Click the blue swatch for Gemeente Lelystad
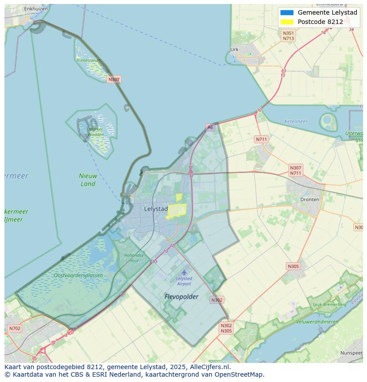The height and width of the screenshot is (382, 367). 287,12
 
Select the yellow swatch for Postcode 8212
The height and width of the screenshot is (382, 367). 287,22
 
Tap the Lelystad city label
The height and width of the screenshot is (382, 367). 156,209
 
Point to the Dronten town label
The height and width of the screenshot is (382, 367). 309,200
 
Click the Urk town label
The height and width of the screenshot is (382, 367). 234,50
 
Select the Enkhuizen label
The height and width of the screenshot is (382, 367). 36,8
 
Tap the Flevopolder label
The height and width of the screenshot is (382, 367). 181,296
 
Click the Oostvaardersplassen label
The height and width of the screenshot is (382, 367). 78,276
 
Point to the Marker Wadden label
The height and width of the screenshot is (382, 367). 96,132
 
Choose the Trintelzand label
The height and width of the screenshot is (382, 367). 88,60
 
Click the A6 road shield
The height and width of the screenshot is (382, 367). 210,127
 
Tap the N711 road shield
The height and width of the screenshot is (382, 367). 262,139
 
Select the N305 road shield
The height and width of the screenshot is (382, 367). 293,266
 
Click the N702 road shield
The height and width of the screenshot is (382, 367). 14,329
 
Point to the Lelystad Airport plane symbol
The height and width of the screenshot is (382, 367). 184,272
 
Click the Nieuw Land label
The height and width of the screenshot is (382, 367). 88,180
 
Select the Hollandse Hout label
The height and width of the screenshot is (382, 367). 134,258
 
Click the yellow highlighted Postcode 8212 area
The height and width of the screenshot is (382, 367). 176,210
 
